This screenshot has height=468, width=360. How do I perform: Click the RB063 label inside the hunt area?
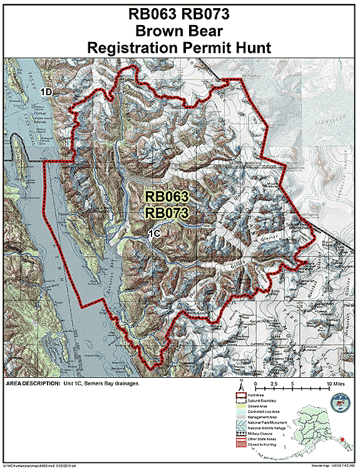pyautogui.click(x=167, y=197)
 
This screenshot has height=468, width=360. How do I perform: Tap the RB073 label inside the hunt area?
pyautogui.click(x=167, y=213)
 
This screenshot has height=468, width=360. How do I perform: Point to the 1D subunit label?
pyautogui.click(x=46, y=92)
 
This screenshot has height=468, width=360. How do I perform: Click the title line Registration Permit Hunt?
pyautogui.click(x=180, y=46)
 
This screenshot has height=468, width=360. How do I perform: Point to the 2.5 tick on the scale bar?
pyautogui.click(x=273, y=382)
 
